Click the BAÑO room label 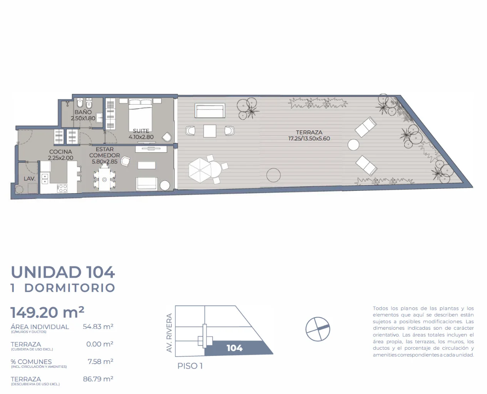(x=83, y=112)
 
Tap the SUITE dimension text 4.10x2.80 (x=141, y=137)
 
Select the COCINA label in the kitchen (x=60, y=152)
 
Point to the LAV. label (x=30, y=179)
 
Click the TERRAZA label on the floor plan (x=309, y=132)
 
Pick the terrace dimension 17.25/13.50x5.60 (x=309, y=139)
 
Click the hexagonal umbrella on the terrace (x=200, y=170)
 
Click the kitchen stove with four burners (x=62, y=188)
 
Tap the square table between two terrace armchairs (x=210, y=131)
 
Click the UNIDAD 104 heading (x=63, y=272)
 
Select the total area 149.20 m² (x=47, y=312)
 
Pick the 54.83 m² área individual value (x=98, y=327)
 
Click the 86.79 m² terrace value (x=98, y=379)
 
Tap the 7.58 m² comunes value (x=100, y=362)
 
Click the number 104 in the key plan (x=234, y=348)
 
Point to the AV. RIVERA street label (x=169, y=333)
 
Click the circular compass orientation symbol (x=318, y=329)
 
